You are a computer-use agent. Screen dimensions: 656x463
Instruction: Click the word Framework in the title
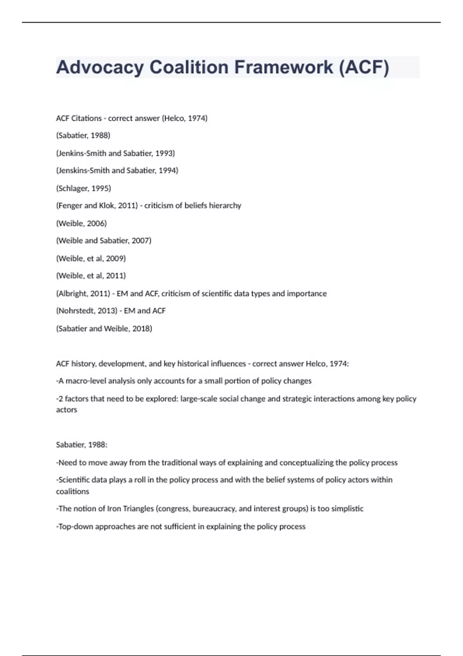pos(284,67)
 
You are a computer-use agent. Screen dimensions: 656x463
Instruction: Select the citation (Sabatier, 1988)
pos(83,135)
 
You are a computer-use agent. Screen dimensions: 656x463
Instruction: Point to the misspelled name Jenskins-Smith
pos(81,171)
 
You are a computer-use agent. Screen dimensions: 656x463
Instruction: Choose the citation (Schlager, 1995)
pos(84,188)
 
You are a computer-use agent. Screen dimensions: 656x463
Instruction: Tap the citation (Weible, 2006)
pos(81,223)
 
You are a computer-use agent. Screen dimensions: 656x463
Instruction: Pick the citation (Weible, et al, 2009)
pos(91,259)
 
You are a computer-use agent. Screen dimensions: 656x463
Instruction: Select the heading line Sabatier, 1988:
pos(82,445)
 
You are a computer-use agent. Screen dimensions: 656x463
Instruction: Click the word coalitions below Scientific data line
pos(73,492)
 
